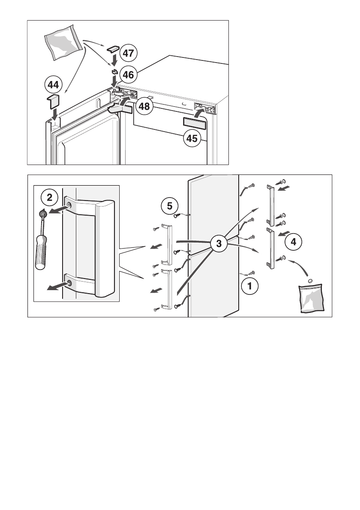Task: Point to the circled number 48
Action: (x=144, y=106)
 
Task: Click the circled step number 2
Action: (x=50, y=198)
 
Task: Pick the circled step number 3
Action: (x=219, y=244)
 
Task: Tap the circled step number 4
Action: (x=293, y=242)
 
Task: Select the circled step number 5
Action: (x=170, y=206)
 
